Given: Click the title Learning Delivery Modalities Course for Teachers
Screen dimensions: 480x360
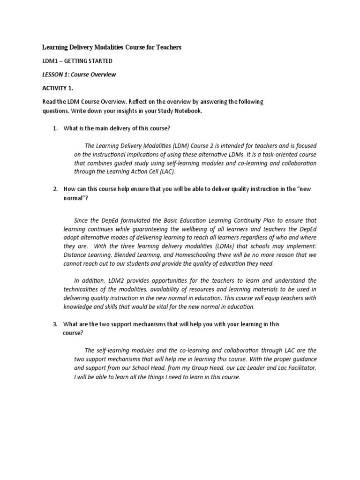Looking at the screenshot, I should click(x=112, y=47).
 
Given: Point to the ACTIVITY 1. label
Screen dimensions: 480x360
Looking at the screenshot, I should click(x=58, y=88).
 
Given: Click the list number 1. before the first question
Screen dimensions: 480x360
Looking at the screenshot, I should click(x=55, y=128).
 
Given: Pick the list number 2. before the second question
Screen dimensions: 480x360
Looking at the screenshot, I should click(x=55, y=188).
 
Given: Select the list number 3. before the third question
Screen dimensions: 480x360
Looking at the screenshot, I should click(x=55, y=324).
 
